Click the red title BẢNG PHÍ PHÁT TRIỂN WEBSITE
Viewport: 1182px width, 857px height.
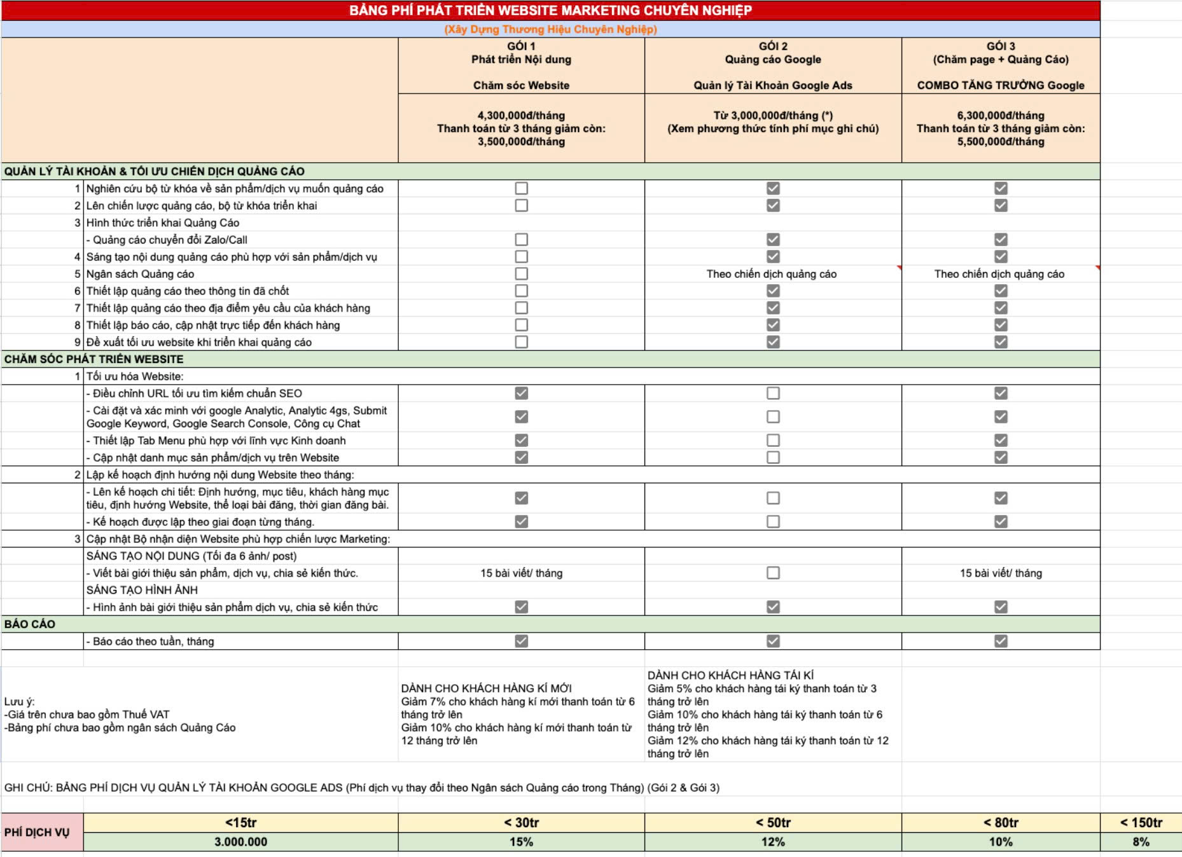550,10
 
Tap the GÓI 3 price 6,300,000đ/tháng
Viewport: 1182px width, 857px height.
1000,115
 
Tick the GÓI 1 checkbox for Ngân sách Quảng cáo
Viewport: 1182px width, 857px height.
521,273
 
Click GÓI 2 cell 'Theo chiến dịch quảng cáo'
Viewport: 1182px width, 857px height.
771,274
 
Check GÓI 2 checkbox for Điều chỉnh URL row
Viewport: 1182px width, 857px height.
773,393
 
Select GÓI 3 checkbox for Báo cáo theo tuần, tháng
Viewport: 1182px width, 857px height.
1001,641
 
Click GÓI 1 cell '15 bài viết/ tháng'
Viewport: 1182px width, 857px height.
521,573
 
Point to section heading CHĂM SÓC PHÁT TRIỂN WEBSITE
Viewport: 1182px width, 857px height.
94,359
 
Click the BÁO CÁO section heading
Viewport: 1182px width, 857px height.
30,624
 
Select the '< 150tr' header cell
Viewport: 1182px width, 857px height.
1141,823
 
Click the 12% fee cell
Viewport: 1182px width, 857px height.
772,842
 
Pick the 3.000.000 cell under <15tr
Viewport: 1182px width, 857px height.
240,842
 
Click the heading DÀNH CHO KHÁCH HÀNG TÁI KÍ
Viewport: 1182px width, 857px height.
730,675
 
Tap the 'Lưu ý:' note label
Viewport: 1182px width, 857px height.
20,701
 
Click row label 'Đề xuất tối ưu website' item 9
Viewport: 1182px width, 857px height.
198,342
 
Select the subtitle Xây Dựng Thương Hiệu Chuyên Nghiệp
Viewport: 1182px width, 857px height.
550,29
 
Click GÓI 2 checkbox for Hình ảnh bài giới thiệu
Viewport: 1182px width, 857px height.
773,607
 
